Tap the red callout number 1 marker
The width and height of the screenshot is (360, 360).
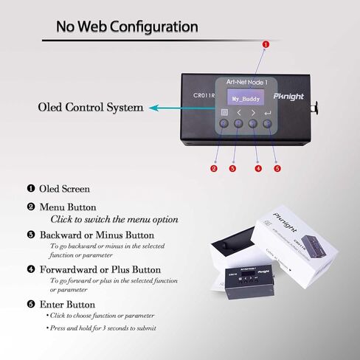pos(266,44)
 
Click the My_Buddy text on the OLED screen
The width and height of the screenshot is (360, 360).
pos(246,97)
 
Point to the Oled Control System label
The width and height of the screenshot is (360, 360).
pos(90,108)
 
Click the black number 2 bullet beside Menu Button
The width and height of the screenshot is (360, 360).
pos(31,207)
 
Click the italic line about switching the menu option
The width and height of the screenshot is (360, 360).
pos(114,219)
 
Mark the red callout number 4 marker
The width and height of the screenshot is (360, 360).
pos(257,168)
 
